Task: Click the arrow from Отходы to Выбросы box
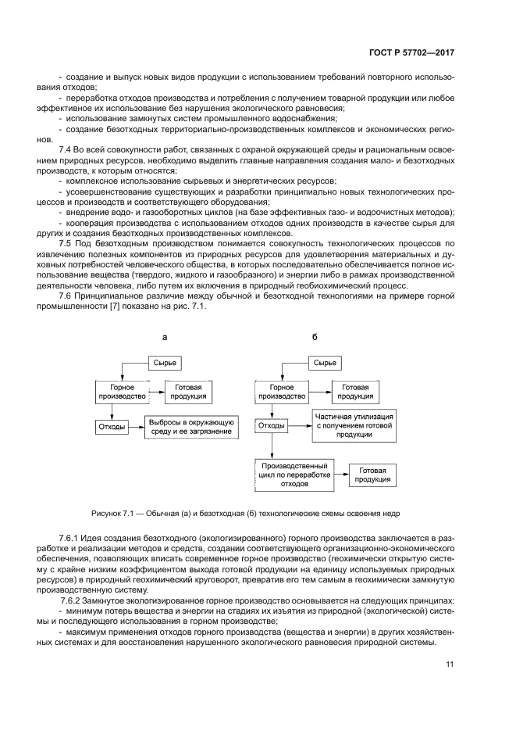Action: click(x=135, y=427)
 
